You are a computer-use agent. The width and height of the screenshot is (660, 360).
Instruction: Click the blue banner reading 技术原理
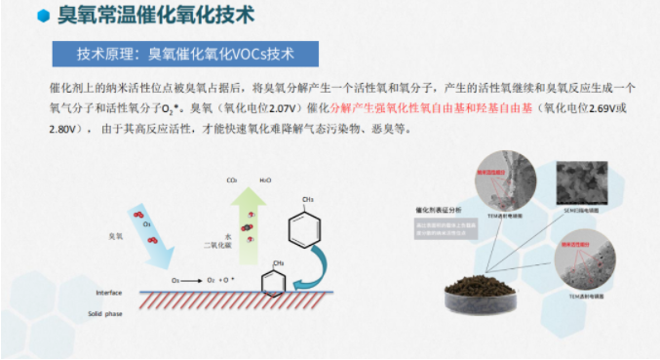point(184,52)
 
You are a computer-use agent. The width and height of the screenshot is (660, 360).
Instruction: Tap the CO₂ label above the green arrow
point(232,180)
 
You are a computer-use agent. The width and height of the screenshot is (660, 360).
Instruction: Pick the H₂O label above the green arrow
point(265,180)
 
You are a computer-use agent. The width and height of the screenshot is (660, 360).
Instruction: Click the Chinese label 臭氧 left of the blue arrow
point(116,236)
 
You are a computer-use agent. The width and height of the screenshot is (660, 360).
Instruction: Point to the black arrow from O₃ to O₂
point(193,281)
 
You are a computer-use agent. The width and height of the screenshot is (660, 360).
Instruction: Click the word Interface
point(109,294)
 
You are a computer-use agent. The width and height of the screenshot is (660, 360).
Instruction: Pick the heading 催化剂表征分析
point(437,209)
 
